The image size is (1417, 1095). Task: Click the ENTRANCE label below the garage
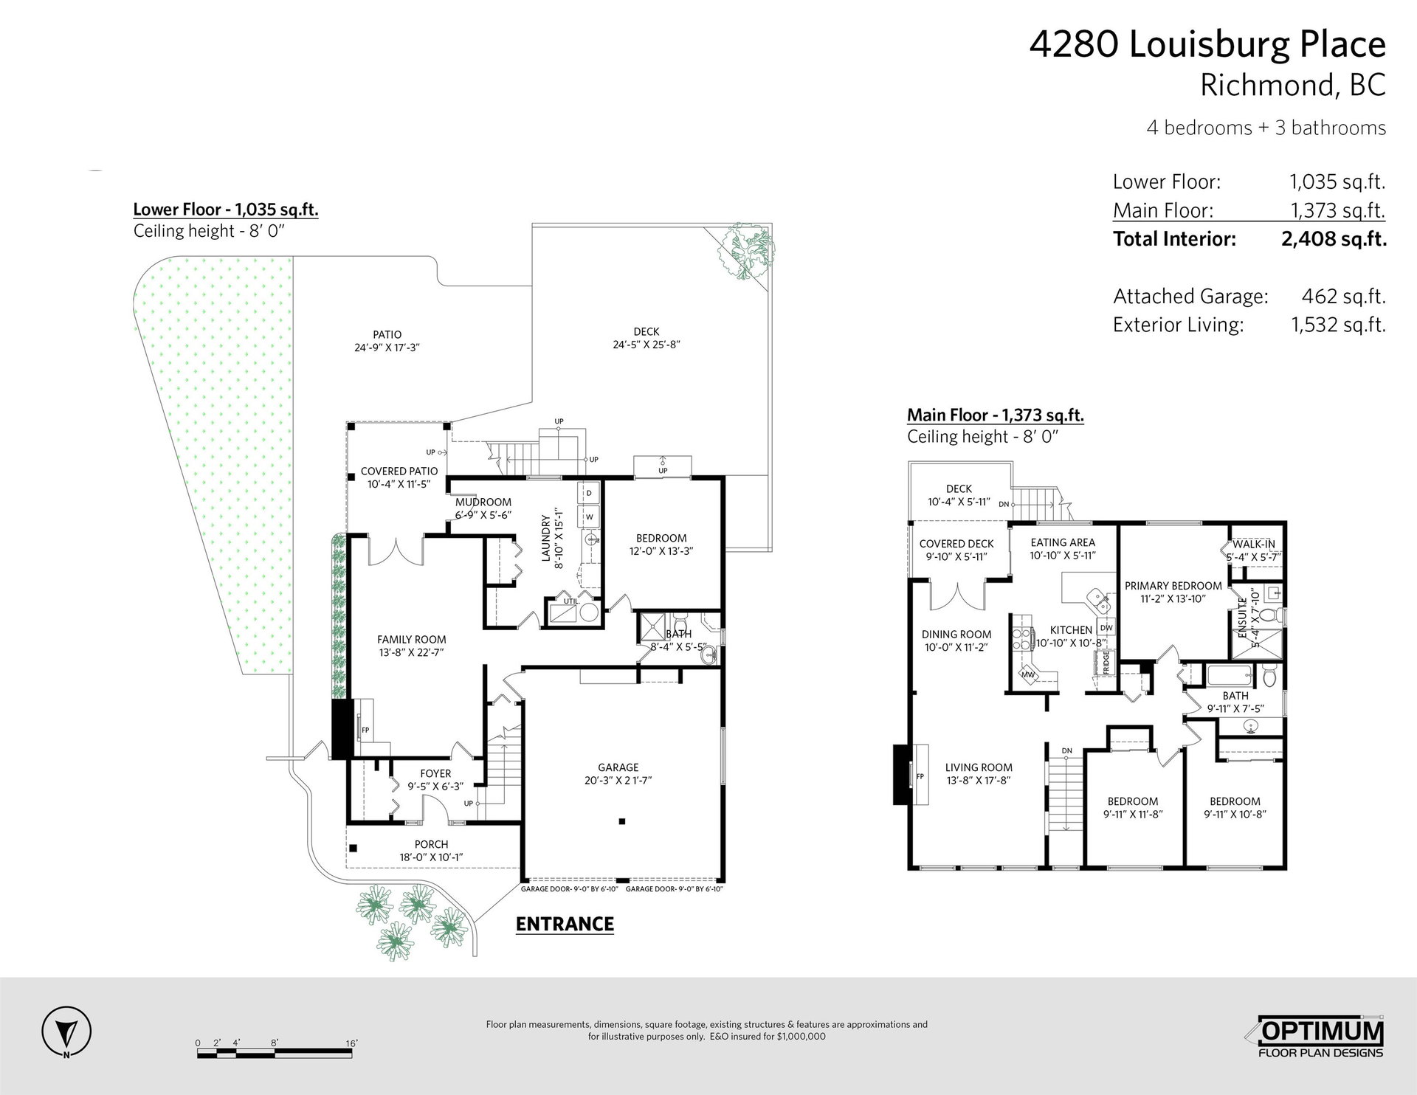point(565,924)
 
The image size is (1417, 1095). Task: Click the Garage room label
point(618,767)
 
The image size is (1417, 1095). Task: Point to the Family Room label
point(412,640)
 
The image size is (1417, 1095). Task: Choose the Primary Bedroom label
point(1173,586)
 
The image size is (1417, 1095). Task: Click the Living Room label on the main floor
point(979,767)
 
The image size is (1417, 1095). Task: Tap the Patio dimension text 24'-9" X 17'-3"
point(387,348)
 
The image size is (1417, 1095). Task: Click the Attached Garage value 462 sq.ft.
point(1343,296)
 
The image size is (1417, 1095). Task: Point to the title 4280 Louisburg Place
point(1207,45)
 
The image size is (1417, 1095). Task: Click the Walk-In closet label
point(1254,544)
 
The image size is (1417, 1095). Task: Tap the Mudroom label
point(483,502)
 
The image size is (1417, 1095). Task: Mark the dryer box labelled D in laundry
point(590,492)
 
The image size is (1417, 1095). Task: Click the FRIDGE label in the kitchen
point(1106,662)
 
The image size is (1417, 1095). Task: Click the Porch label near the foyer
point(431,844)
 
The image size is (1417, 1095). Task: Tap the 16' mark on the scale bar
point(351,1043)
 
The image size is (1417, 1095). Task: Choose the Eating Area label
point(1063,542)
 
